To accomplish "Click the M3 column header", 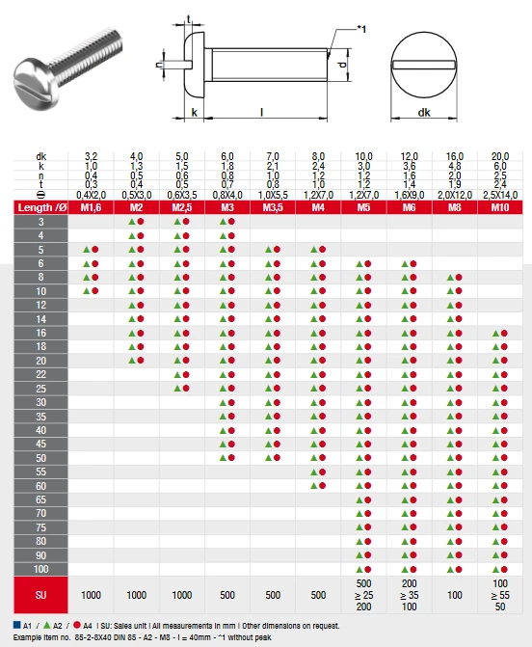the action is [227, 207].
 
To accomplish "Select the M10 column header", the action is [500, 207].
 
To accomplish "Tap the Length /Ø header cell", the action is [40, 207].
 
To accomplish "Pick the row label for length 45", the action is [40, 444].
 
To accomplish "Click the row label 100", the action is [40, 569].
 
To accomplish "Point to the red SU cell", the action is [40, 595].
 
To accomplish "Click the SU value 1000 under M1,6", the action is [91, 595].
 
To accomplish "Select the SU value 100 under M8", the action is [455, 595].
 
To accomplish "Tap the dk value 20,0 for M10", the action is [500, 156].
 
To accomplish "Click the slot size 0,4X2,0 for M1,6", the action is [91, 195].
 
